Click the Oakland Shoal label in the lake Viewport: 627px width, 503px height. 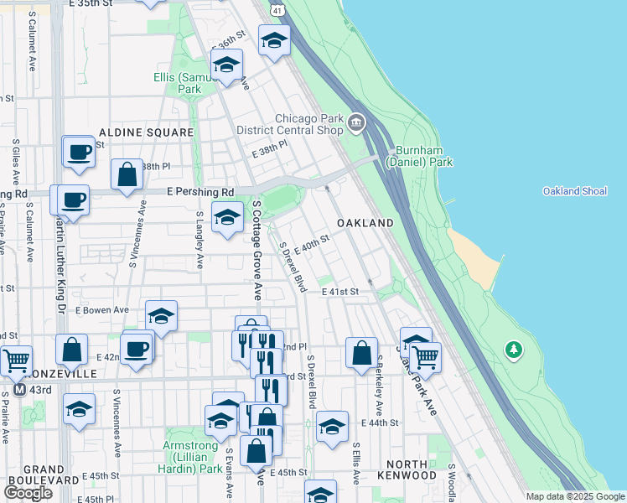click(574, 191)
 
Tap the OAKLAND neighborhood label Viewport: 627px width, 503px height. click(365, 223)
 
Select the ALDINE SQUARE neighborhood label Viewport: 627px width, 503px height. click(135, 132)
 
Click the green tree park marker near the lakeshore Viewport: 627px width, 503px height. click(513, 348)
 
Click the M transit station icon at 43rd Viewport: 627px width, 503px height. click(18, 390)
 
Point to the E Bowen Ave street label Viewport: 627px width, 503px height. click(100, 310)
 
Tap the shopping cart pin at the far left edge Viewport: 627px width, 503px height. click(15, 360)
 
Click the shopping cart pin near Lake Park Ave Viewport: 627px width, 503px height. click(425, 356)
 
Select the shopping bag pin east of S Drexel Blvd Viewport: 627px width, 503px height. click(361, 352)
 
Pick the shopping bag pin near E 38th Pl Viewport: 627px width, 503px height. click(127, 174)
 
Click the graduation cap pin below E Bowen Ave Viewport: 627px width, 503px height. click(162, 316)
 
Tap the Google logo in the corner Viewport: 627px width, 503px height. click(28, 493)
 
